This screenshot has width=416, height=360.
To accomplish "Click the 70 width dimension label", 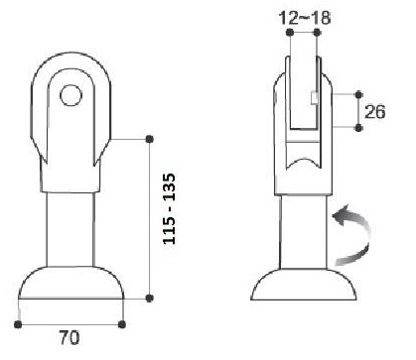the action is point(69,338).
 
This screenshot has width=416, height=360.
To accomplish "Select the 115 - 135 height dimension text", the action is point(170,209).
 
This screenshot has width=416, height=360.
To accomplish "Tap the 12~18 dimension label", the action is point(305,18).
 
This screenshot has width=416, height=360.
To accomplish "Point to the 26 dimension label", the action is point(375,112).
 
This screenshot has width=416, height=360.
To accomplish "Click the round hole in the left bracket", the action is point(70,95).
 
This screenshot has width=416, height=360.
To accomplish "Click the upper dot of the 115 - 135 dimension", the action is point(150,139).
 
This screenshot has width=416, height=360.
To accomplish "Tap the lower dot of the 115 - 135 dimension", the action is point(150,299).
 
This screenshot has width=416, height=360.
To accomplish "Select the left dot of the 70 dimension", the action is point(18,324).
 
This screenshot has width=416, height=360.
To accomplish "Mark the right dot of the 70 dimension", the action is point(122,324).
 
